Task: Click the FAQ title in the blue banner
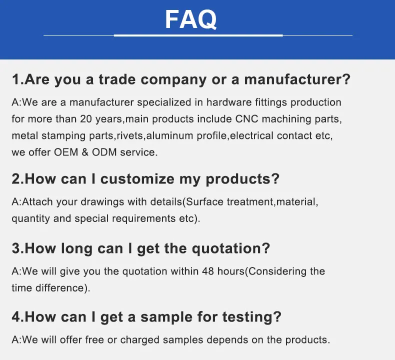[x=191, y=20]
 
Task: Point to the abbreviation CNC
[x=245, y=119]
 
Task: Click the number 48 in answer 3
[x=208, y=271]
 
